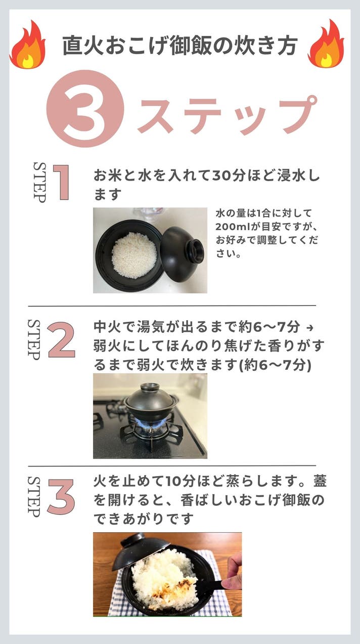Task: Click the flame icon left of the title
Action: tap(28, 46)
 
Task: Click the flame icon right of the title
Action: tap(326, 45)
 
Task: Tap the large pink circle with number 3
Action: tap(85, 109)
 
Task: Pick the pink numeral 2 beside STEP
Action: tap(62, 340)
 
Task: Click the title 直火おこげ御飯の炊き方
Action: tap(179, 46)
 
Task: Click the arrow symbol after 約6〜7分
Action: tap(310, 328)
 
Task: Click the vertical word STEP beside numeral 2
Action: tap(34, 339)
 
